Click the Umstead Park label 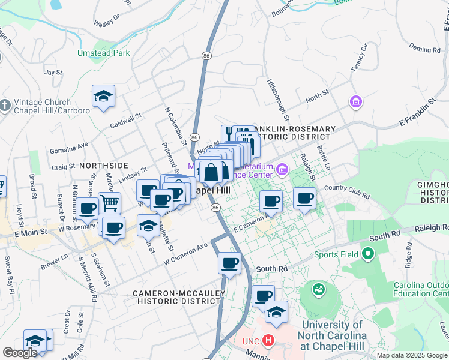point(103,53)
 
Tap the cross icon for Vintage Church point(5,106)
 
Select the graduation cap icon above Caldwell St point(103,96)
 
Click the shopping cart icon point(109,203)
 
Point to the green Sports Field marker point(367,254)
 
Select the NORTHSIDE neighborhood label point(103,165)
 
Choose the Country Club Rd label point(347,191)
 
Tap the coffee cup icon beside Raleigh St point(305,198)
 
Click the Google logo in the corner point(20,353)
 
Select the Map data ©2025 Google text point(411,355)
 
